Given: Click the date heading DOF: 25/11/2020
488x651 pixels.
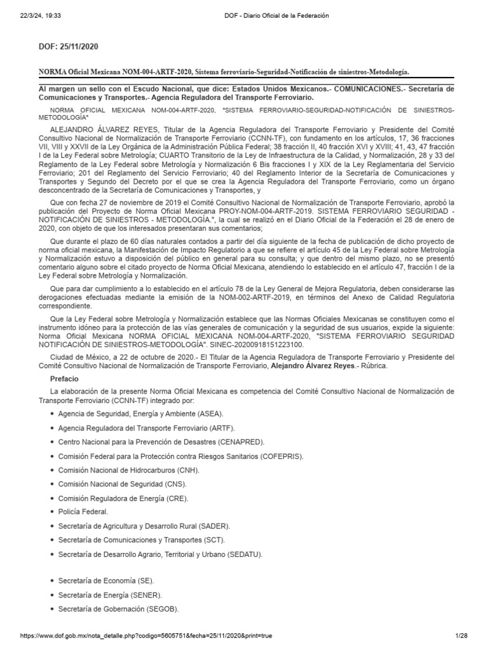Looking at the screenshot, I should click(69, 47).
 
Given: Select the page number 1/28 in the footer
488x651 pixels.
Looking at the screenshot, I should click(461, 636).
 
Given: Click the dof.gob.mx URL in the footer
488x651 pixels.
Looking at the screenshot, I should click(146, 636).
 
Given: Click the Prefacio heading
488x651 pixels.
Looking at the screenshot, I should click(65, 378).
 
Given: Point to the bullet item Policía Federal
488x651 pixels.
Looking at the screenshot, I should click(83, 511).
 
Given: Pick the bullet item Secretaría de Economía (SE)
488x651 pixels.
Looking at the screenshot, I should click(106, 581).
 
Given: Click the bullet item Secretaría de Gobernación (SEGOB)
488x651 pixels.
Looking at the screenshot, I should click(118, 609).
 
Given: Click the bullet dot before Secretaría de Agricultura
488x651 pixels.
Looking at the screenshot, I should click(51, 526).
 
